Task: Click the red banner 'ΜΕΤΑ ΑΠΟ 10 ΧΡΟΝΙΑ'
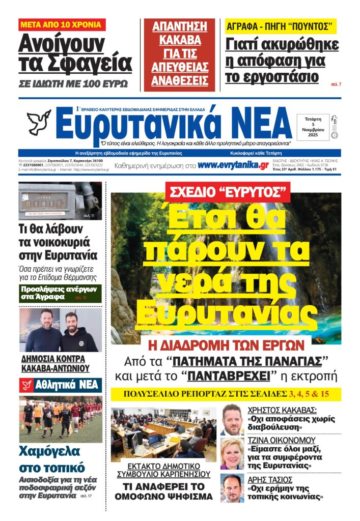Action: [62, 24]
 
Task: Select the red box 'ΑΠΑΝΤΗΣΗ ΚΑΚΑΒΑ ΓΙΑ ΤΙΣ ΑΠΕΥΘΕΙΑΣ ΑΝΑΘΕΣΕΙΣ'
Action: [180, 53]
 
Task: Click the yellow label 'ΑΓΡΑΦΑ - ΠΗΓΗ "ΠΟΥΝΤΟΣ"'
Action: [281, 25]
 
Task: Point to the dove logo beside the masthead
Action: [39, 123]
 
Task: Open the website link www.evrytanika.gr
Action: [233, 165]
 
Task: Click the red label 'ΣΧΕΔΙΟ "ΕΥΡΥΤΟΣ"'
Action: [227, 193]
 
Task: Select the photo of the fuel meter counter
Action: [60, 200]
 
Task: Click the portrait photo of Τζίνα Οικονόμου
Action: [232, 452]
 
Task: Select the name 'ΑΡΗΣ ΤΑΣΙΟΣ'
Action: [270, 479]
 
